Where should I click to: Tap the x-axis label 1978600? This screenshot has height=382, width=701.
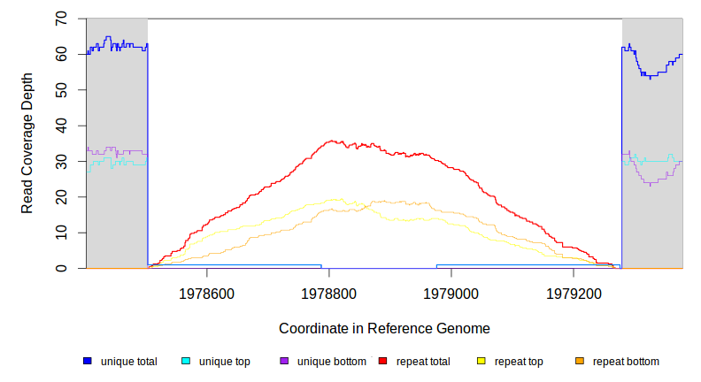pos(206,293)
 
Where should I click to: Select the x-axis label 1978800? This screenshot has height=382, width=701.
pos(328,293)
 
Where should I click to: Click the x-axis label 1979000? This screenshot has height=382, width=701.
pos(451,293)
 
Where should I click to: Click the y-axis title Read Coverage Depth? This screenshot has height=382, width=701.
pos(27,143)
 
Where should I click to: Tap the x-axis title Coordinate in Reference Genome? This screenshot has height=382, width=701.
pos(384,328)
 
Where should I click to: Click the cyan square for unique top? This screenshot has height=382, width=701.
pos(186,362)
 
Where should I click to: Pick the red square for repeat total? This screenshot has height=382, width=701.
pos(382,362)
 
